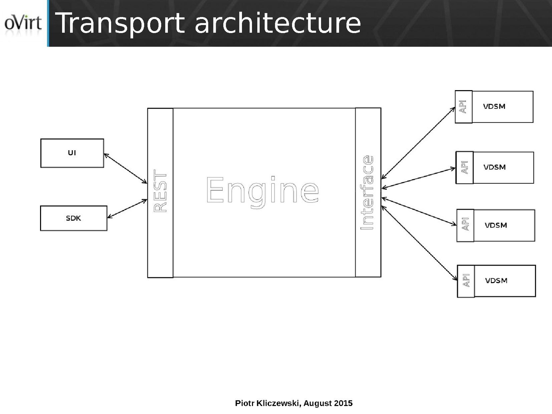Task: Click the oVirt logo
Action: click(x=23, y=23)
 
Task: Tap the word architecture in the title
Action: click(x=278, y=23)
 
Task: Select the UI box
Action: click(x=72, y=153)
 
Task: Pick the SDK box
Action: click(x=74, y=218)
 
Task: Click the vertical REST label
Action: click(x=161, y=191)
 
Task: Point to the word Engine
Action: click(x=262, y=190)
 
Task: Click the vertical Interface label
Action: click(x=367, y=193)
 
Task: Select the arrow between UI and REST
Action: click(x=126, y=169)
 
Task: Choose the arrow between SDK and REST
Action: click(x=127, y=209)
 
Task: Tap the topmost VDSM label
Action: click(x=494, y=106)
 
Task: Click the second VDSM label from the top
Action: click(x=494, y=167)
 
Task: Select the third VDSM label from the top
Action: click(x=496, y=225)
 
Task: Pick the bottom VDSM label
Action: click(x=496, y=280)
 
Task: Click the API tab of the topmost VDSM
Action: click(x=463, y=107)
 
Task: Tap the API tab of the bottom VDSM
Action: click(x=466, y=280)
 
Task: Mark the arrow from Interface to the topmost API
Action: click(x=418, y=143)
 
